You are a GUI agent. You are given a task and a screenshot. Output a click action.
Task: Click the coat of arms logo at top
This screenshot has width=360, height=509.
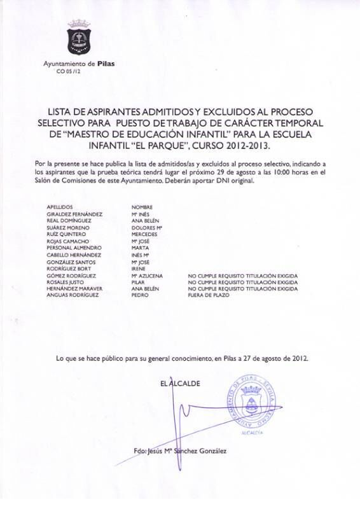79,39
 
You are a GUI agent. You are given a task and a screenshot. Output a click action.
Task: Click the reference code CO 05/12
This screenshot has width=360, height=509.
69,71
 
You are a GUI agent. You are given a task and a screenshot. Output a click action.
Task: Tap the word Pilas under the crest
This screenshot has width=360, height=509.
106,64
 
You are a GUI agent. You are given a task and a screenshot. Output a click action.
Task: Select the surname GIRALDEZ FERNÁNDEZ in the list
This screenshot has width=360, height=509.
74,214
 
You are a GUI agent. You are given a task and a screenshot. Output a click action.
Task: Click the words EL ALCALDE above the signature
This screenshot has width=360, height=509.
181,384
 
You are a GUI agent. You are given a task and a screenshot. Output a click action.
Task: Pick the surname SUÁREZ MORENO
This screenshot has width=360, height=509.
70,227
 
